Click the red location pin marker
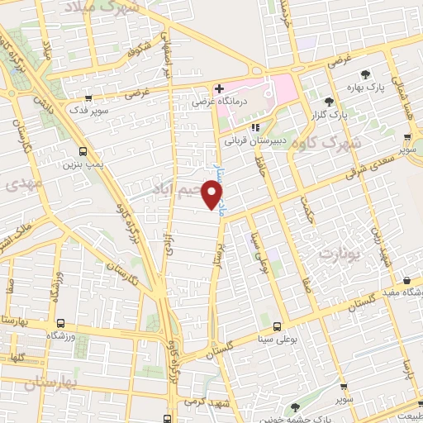click(x=213, y=194)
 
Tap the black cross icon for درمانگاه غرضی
click(x=218, y=88)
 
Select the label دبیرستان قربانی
click(x=255, y=140)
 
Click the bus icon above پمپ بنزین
click(x=82, y=151)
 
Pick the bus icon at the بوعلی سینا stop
click(x=277, y=326)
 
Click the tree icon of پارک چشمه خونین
click(x=296, y=406)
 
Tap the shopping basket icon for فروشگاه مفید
click(x=407, y=281)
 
